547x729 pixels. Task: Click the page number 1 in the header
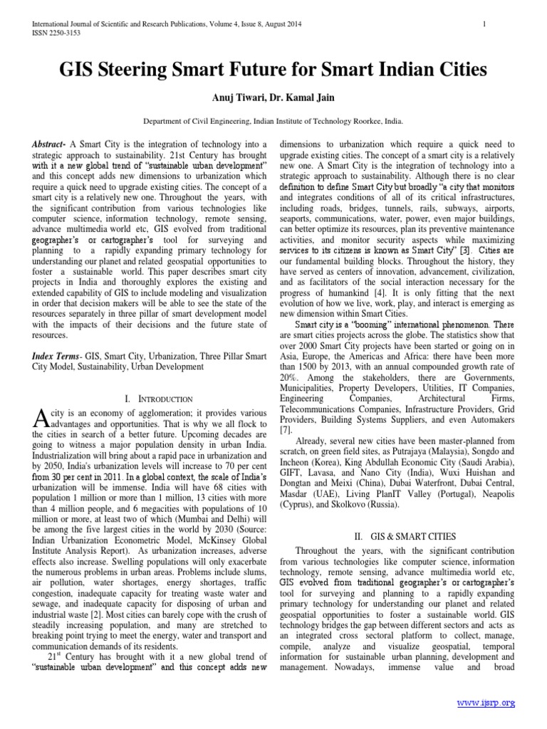click(x=483, y=24)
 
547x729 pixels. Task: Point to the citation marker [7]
click(x=286, y=431)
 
